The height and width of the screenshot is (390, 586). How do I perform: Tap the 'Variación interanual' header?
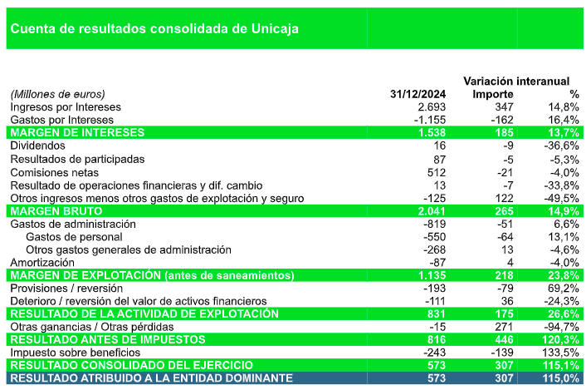coord(515,81)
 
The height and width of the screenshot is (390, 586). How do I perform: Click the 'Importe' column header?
coord(493,94)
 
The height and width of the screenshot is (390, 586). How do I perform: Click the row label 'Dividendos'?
coord(38,146)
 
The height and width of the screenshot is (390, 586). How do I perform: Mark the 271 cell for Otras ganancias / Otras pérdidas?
coord(504,327)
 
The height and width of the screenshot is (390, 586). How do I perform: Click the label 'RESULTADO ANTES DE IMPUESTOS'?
coord(107,340)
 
